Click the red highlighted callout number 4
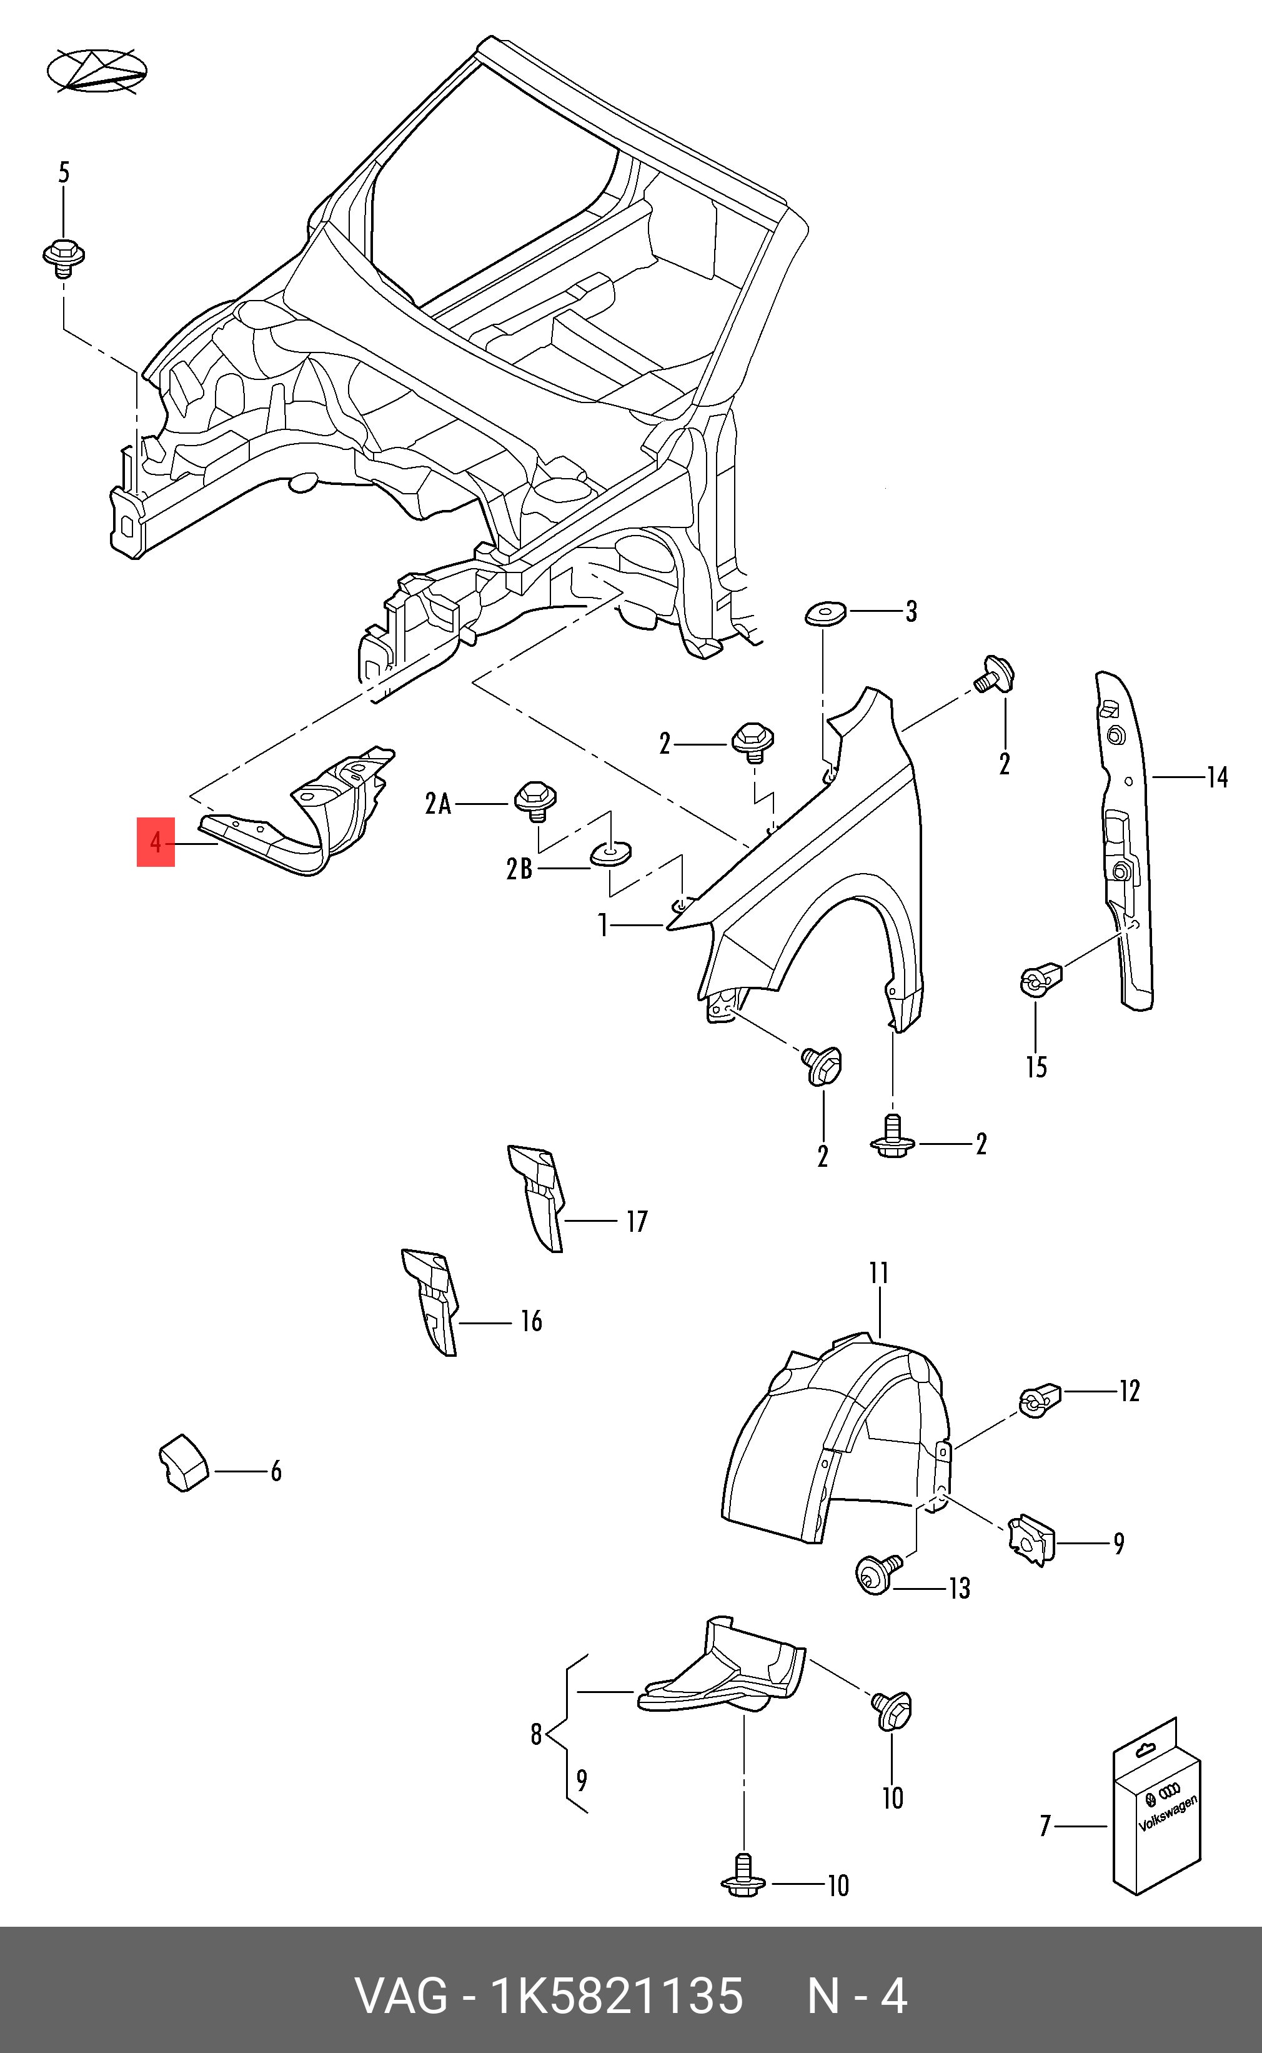click(155, 842)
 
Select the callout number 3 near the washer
click(911, 612)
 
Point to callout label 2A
click(438, 804)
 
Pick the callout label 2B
click(519, 869)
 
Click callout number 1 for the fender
click(603, 925)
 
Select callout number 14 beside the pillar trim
click(1216, 778)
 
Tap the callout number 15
click(1036, 1067)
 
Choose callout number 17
click(637, 1221)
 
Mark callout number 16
click(531, 1321)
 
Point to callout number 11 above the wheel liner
click(878, 1273)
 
